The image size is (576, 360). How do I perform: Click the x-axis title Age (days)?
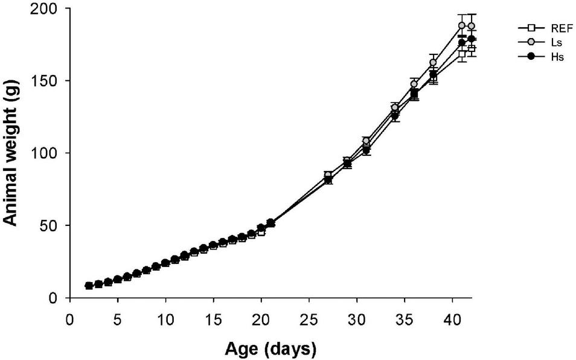[x=270, y=348]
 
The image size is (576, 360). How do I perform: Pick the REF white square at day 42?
[x=472, y=49]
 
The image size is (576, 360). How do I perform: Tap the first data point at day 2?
[x=89, y=286]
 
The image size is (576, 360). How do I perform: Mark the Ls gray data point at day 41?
[x=462, y=26]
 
